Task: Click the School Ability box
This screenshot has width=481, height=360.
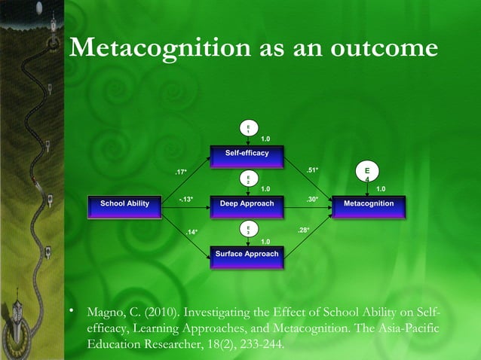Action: (125, 204)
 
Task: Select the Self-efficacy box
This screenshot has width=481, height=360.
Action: (247, 154)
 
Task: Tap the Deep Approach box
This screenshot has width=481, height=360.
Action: (247, 204)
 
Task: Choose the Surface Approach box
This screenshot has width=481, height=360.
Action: (247, 255)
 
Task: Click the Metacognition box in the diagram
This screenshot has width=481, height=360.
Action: (368, 204)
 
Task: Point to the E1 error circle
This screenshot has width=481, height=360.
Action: (247, 129)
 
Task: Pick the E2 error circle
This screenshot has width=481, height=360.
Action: (247, 178)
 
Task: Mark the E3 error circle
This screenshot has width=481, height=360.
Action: (247, 229)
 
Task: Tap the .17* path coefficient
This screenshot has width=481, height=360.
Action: (181, 172)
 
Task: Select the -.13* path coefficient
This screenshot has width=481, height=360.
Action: (186, 199)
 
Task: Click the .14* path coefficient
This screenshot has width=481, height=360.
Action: (192, 232)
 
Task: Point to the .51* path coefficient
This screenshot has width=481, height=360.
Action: (313, 170)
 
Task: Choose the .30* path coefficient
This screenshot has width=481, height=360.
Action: (312, 199)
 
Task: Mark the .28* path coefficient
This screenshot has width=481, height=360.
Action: (303, 228)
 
